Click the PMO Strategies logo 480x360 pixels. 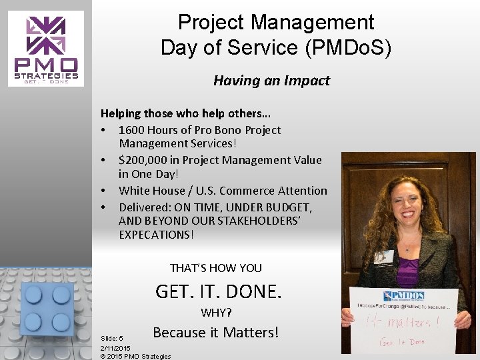coord(46,49)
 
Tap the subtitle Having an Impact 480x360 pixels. coord(271,81)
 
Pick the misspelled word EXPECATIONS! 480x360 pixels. coord(157,235)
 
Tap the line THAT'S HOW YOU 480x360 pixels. coord(216,268)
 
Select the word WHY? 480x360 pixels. coord(216,313)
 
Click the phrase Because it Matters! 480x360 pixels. coord(215,332)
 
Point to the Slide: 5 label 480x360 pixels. coord(111,338)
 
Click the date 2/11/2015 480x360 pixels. coord(115,347)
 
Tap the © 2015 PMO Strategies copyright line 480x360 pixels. coord(135,356)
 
